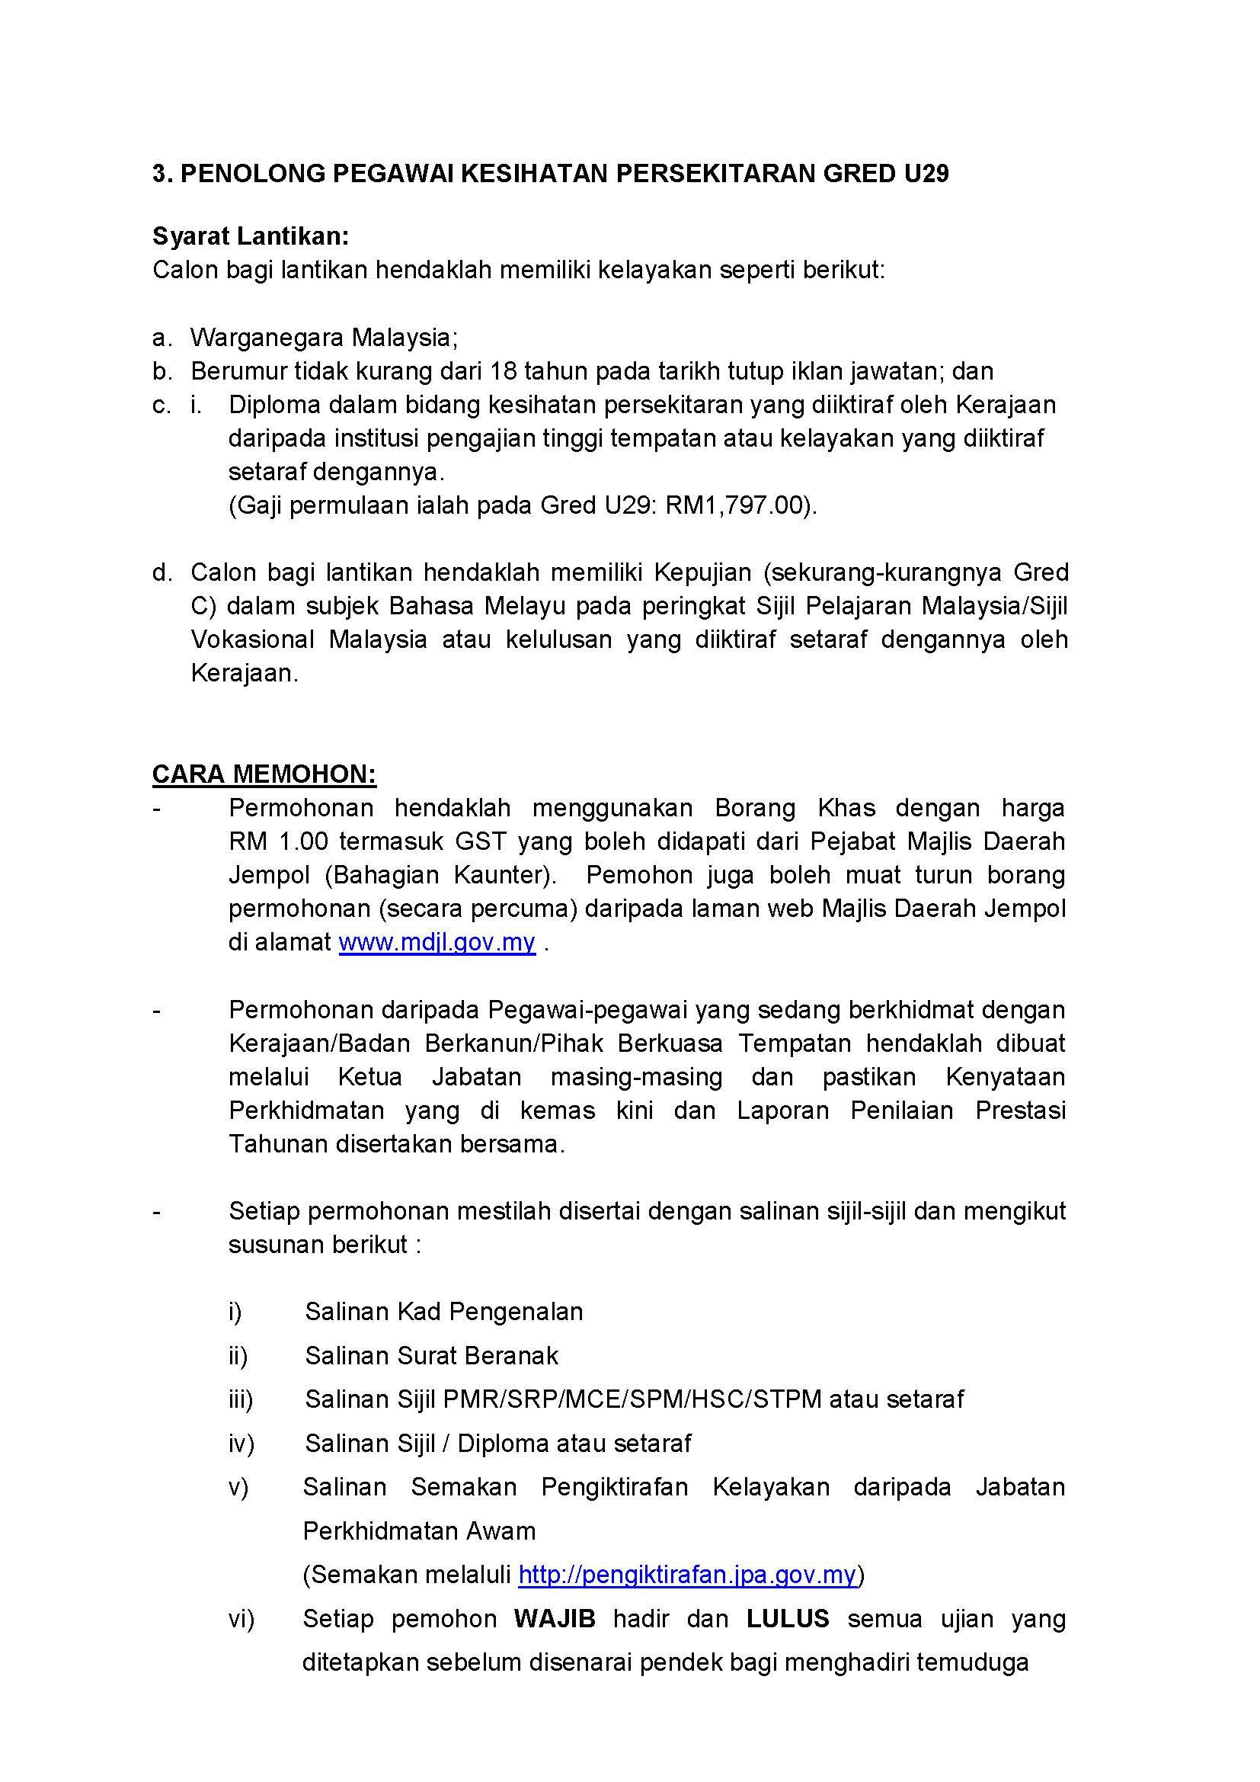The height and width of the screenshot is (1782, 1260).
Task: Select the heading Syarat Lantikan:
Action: (251, 236)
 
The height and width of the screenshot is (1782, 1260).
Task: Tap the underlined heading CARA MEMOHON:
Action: (264, 774)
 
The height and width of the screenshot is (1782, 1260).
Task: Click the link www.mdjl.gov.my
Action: (437, 942)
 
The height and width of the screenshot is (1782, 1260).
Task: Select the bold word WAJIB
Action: (555, 1619)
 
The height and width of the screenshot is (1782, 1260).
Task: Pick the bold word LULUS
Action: (788, 1619)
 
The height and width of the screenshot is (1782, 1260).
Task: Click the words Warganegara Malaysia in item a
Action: (323, 338)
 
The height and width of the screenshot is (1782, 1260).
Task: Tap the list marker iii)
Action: (241, 1399)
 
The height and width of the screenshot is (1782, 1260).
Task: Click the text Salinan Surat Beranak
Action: (431, 1356)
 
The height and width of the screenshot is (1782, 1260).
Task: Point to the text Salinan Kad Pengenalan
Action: (444, 1312)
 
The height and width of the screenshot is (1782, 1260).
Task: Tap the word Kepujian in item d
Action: (702, 573)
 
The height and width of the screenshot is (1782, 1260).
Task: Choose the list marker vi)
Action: (241, 1620)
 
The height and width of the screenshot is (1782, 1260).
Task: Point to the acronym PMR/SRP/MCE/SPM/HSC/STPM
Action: (632, 1399)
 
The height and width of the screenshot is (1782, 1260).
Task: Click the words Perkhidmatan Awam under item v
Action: (419, 1531)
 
